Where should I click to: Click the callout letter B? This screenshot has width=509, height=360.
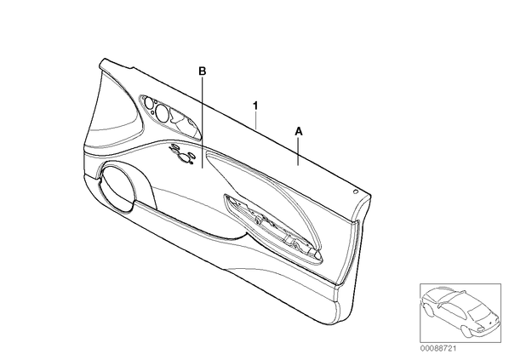tap(203, 71)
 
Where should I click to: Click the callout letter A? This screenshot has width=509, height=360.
tap(298, 131)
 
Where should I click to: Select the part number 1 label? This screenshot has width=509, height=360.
tap(256, 106)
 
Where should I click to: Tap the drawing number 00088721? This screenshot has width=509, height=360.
tap(438, 349)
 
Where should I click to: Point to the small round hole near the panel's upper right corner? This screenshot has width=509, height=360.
tap(356, 191)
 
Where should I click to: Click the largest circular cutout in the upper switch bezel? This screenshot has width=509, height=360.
tap(162, 112)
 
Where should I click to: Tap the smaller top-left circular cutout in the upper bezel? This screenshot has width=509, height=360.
tap(149, 103)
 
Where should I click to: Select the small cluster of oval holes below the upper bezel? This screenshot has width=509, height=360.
tap(182, 153)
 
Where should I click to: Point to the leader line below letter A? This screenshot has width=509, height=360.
tap(298, 151)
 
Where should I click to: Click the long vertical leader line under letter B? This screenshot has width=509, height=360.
tap(203, 123)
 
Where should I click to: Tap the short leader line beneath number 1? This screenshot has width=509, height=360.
tap(256, 121)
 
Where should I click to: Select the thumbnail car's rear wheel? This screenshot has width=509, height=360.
tap(429, 310)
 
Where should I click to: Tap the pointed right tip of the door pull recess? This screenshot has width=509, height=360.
tap(323, 257)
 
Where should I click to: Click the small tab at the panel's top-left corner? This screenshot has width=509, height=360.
tap(105, 62)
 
